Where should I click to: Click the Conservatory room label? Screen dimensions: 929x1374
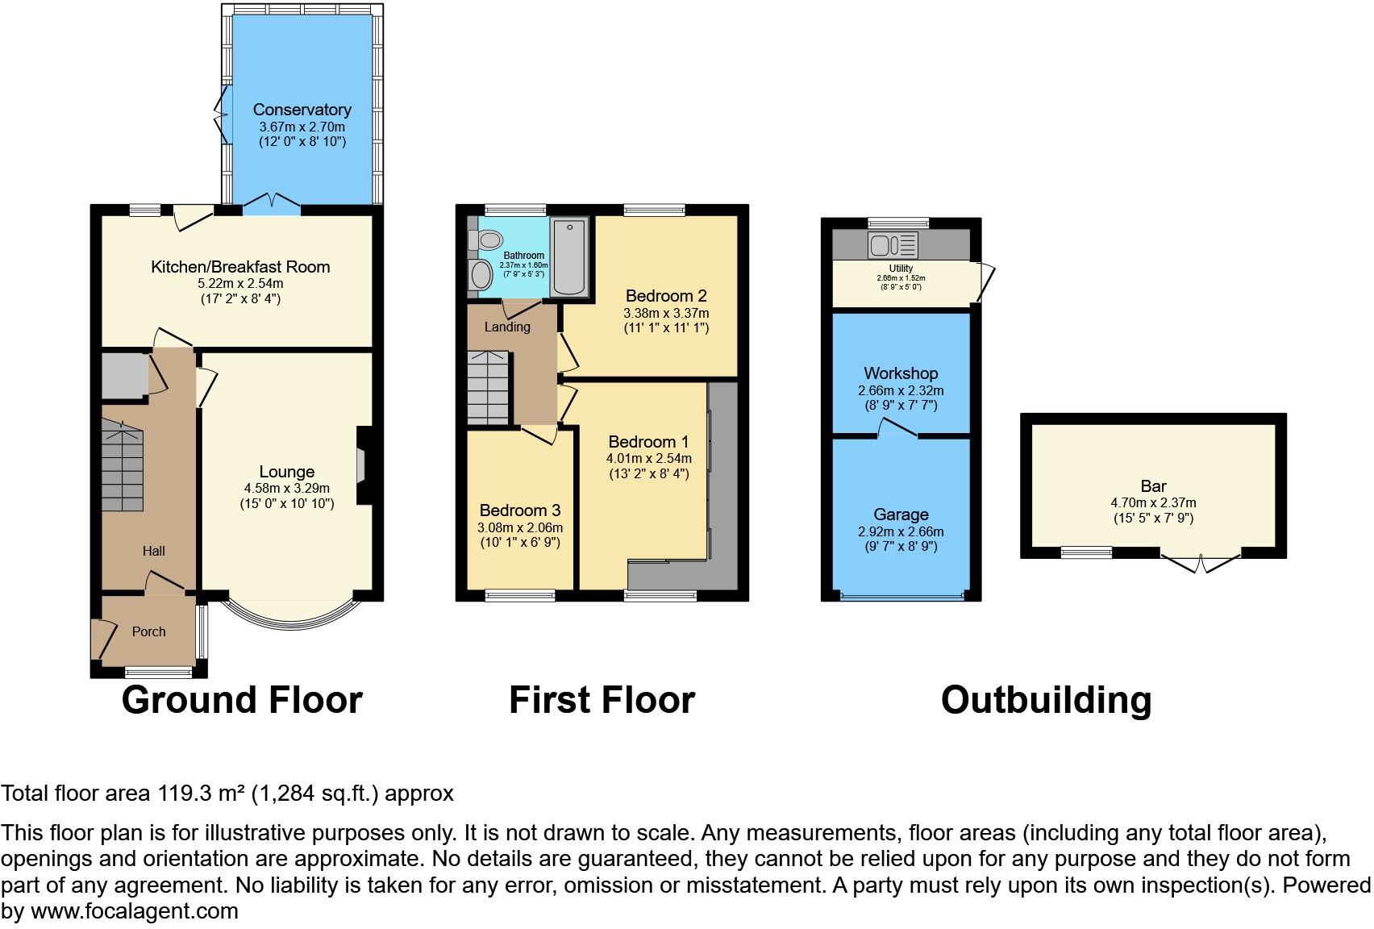tap(302, 110)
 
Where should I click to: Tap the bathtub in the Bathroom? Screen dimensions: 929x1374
tap(568, 256)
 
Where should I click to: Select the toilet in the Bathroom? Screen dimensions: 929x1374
tap(486, 240)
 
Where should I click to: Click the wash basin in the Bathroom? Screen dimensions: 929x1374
tap(481, 275)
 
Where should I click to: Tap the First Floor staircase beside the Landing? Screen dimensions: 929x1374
tap(488, 388)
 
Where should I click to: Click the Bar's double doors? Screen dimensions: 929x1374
tap(1201, 561)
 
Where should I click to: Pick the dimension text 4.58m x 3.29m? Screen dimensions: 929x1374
tap(286, 488)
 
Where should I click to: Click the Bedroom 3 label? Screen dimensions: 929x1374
tap(519, 510)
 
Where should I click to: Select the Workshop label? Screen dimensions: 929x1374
tap(901, 373)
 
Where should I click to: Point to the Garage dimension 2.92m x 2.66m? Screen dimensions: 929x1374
tap(901, 531)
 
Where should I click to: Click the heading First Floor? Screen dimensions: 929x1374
tap(602, 700)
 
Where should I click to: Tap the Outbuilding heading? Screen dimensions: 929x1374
tap(1046, 700)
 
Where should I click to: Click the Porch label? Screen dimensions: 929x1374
tap(148, 631)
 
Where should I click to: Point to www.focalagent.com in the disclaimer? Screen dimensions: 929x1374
tap(134, 912)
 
